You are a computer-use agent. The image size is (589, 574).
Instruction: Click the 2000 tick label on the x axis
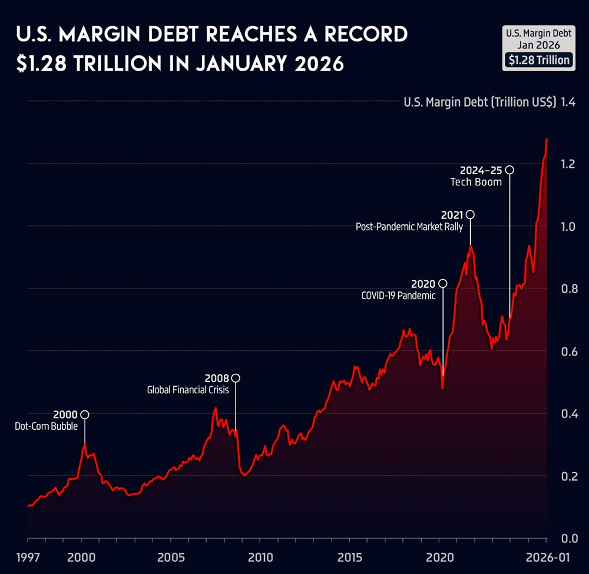81,558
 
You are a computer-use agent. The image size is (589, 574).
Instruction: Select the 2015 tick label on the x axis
350,558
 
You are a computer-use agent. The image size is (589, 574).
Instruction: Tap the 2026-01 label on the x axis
546,558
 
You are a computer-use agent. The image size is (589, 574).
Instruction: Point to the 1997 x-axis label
27,558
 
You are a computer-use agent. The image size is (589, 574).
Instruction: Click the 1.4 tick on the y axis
568,102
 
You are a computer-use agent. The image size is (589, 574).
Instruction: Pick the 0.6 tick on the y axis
568,351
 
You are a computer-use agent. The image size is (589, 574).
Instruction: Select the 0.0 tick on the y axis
568,538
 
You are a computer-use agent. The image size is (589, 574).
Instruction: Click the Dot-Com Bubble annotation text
46,426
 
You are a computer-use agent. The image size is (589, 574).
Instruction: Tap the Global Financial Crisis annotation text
187,390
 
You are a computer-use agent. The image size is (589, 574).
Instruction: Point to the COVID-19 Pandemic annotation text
398,296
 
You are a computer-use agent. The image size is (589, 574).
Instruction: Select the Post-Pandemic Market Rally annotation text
409,226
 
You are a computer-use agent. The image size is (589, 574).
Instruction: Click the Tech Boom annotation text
476,182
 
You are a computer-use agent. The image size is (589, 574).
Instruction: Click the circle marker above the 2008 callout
236,378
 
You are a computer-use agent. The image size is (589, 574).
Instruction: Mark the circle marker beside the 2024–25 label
509,170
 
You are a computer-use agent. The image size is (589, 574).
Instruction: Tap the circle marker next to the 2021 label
470,215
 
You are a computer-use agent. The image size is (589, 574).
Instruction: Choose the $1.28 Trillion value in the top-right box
538,60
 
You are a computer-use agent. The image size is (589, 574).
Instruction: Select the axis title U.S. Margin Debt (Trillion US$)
479,102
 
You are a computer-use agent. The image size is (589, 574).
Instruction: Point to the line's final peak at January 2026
547,140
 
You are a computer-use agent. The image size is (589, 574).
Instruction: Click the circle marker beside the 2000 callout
85,414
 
